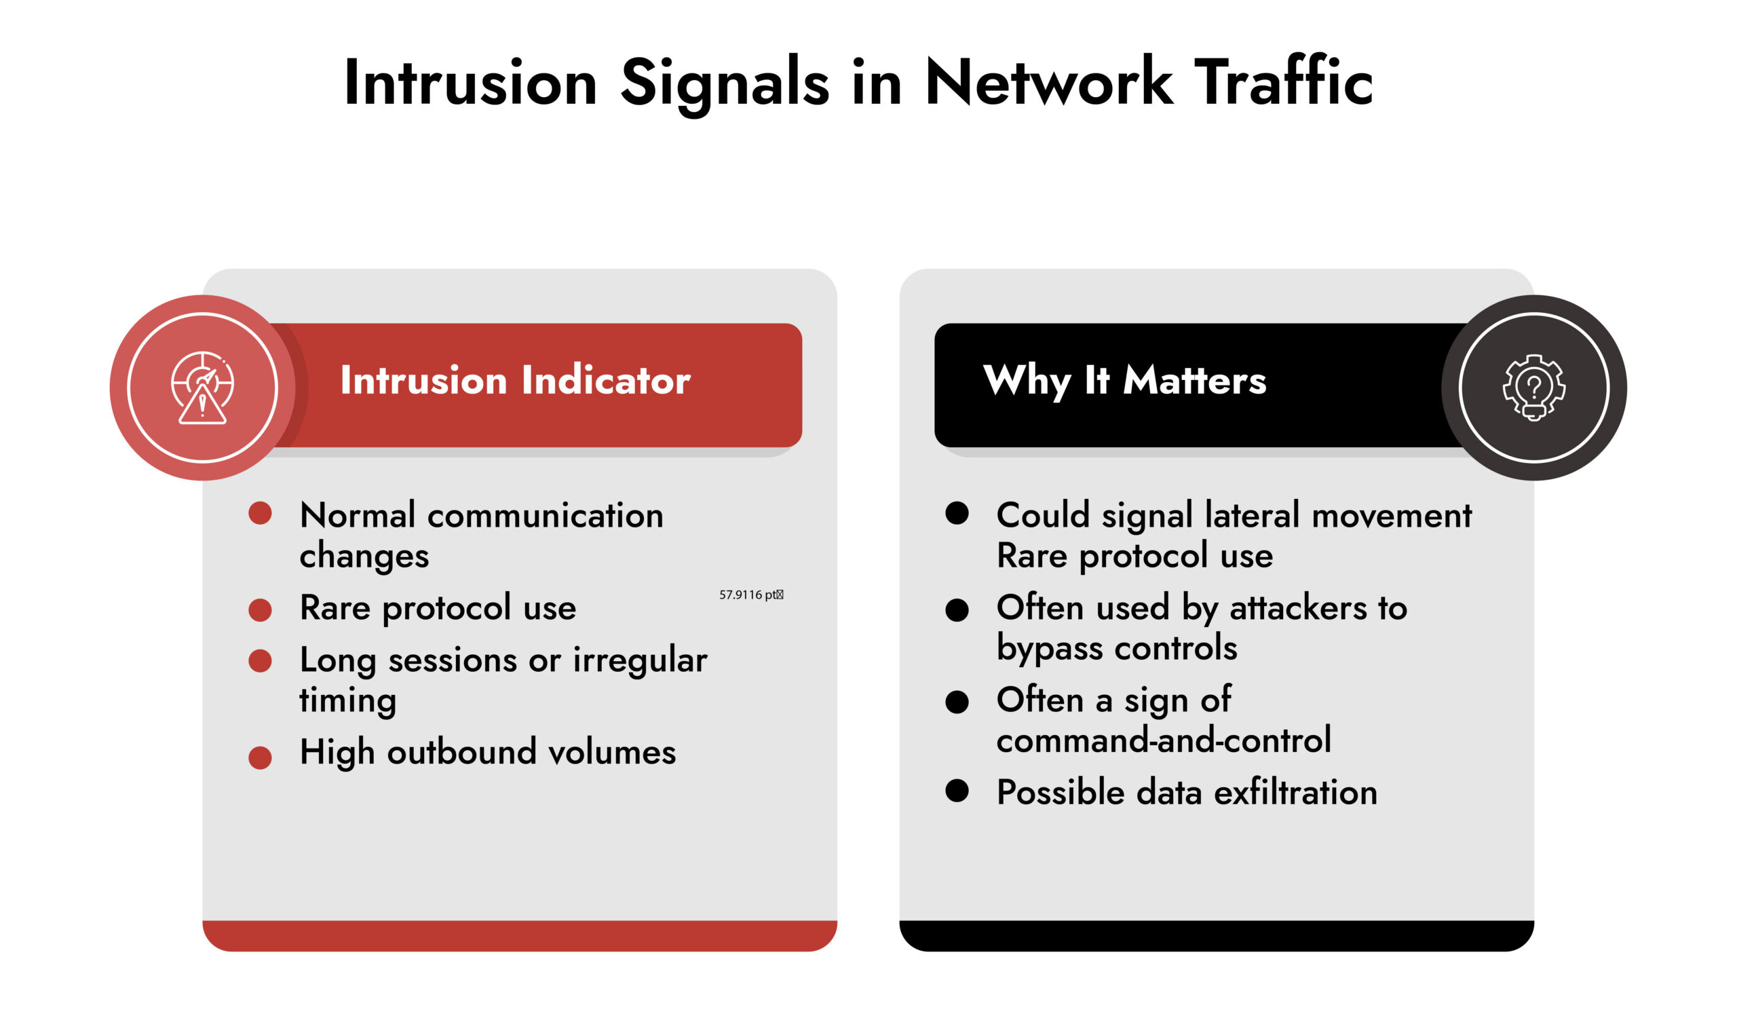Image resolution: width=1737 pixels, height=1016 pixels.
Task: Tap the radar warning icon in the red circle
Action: (x=202, y=388)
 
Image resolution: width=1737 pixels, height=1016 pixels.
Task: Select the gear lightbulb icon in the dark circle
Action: (x=1533, y=388)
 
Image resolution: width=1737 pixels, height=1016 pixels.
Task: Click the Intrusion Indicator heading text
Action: (x=515, y=381)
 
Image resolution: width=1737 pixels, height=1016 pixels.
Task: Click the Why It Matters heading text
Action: (x=1124, y=381)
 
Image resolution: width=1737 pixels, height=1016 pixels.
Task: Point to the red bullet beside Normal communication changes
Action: (x=260, y=514)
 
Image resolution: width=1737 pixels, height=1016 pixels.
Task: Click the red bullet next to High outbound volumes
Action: (x=260, y=757)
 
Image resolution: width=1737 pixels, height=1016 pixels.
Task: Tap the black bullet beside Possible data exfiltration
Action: (x=957, y=791)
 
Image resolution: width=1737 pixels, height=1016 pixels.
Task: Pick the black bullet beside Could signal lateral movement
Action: (x=957, y=514)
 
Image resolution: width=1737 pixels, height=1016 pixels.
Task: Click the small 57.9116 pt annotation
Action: (x=750, y=595)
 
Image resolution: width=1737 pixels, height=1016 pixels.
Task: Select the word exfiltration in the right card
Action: (x=1295, y=792)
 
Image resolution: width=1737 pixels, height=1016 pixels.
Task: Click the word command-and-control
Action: (x=1164, y=740)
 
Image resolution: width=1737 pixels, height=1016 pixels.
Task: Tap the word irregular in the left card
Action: (x=640, y=660)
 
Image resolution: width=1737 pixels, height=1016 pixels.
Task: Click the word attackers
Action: (x=1297, y=608)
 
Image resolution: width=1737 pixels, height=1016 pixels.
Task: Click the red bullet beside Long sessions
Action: (x=260, y=660)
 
